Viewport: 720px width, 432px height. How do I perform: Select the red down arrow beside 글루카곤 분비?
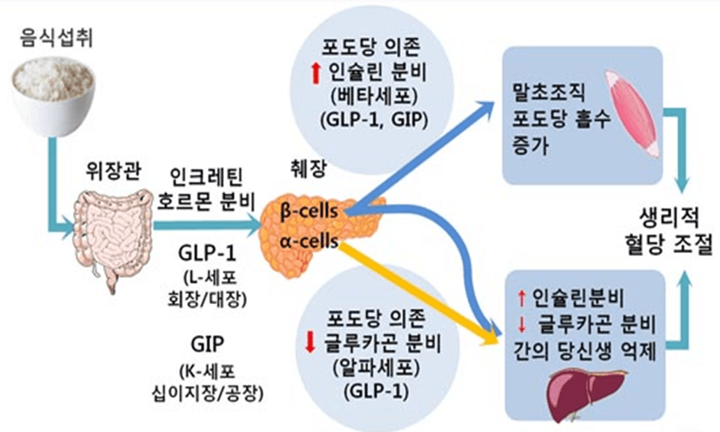[x=311, y=343]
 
